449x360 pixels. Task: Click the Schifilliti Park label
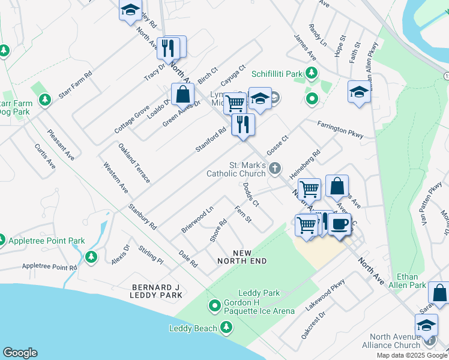coord(277,74)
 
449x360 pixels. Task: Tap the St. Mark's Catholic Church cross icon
coord(276,168)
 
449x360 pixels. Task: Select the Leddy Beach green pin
coord(226,328)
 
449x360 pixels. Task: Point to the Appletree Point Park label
coord(46,241)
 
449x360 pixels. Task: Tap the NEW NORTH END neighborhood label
coord(241,257)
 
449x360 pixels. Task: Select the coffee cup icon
coord(340,224)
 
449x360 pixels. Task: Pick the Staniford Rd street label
coord(210,139)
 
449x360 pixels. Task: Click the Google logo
coord(20,353)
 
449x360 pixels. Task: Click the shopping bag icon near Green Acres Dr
coord(182,94)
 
